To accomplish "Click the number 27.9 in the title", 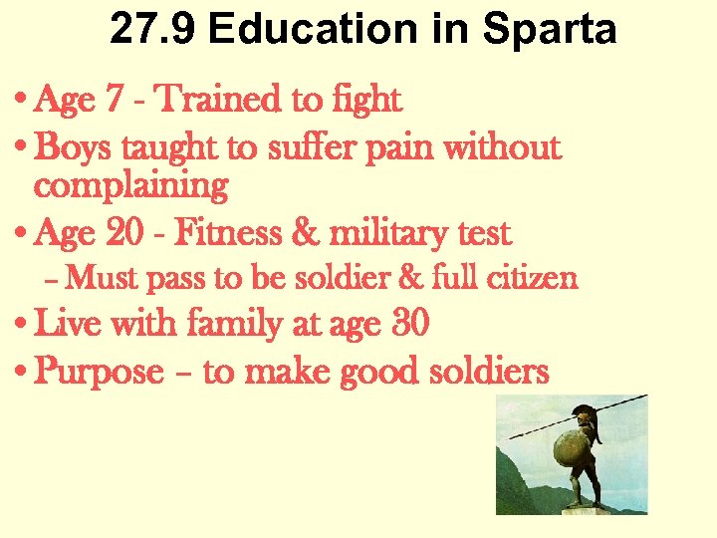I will point(152,30).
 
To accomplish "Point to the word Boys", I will point(75,148).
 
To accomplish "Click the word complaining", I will point(130,185).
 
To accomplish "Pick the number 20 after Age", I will point(120,234).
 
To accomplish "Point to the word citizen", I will point(533,278).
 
